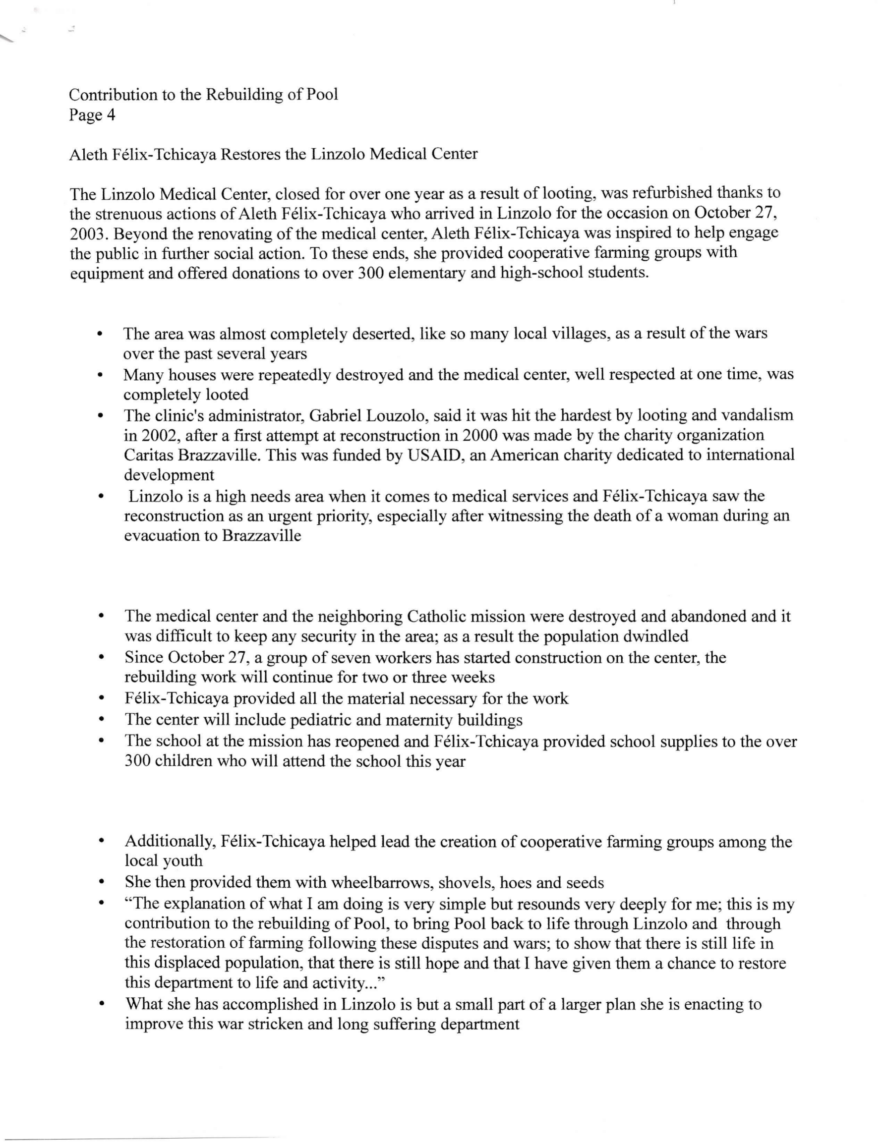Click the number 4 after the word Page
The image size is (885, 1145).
111,115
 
